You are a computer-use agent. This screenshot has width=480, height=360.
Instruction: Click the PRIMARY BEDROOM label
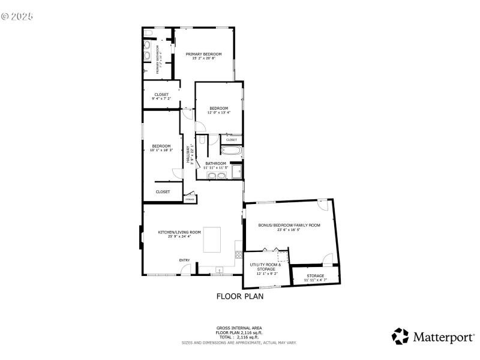click(x=203, y=54)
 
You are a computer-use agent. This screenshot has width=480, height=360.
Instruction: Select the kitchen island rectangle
click(x=213, y=239)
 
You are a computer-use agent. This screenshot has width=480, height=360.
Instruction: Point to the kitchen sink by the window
click(x=220, y=270)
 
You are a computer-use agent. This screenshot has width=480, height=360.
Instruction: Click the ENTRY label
click(x=184, y=260)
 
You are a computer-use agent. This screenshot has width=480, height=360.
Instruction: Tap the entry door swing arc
click(x=187, y=269)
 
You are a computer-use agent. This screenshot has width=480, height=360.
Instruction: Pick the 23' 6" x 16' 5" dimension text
click(x=289, y=230)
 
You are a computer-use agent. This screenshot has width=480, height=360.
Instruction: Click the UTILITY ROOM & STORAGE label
click(x=266, y=267)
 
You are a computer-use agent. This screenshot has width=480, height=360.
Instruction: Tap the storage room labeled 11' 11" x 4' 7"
click(x=315, y=277)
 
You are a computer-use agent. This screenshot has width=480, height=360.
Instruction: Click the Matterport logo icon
click(x=400, y=336)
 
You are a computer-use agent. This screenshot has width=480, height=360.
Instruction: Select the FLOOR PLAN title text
click(x=239, y=296)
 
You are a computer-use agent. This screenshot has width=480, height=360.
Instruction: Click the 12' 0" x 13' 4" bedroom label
click(x=218, y=110)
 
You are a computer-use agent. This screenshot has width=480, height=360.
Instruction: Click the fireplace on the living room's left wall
click(x=142, y=236)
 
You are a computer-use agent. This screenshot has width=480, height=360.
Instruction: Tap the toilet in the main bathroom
click(x=203, y=141)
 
